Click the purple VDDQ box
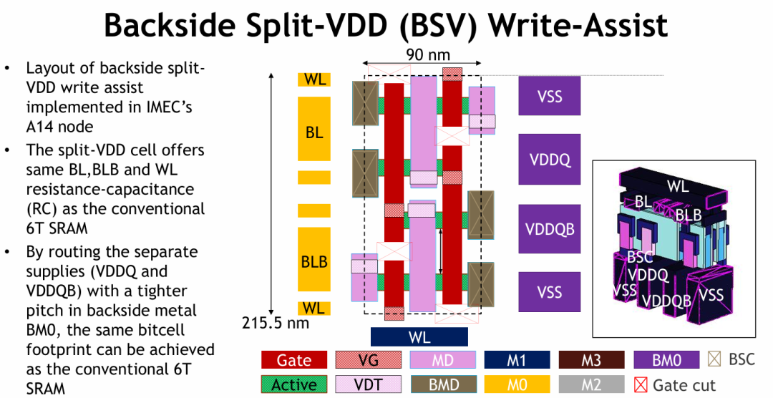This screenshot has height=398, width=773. [x=549, y=159]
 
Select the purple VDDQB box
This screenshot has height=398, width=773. [x=549, y=229]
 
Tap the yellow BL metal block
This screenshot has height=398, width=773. [x=314, y=129]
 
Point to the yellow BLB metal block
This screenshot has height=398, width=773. [x=314, y=259]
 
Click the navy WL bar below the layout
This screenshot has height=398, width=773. [x=419, y=337]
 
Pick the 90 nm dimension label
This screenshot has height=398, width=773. [x=428, y=54]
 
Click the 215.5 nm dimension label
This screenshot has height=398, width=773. [x=275, y=323]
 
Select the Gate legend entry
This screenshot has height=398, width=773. [x=294, y=360]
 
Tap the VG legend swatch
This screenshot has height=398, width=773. [x=369, y=360]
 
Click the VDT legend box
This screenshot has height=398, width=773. [x=369, y=384]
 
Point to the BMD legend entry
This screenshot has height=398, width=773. [x=443, y=384]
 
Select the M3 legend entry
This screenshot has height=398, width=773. [x=592, y=360]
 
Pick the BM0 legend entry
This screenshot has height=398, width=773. [x=666, y=360]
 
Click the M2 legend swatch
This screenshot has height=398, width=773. [x=592, y=384]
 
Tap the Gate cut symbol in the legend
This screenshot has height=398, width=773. [x=641, y=384]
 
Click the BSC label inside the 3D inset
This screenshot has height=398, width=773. [x=640, y=257]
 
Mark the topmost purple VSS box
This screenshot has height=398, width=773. [x=549, y=96]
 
